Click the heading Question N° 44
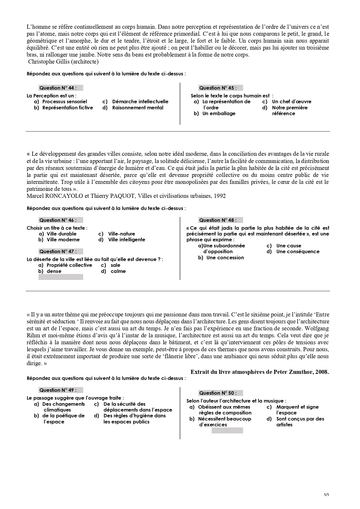[x=58, y=88]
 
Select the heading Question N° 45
[x=218, y=88]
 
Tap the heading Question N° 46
[x=58, y=220]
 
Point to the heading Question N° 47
[x=58, y=251]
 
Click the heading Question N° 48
[x=218, y=220]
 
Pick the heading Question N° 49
[x=58, y=390]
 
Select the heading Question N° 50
[x=218, y=393]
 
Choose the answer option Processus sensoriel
[x=64, y=102]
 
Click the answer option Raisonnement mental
[x=138, y=108]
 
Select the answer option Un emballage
[x=219, y=113]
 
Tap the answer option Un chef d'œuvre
[x=291, y=102]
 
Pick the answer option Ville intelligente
[x=126, y=240]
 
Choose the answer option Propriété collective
[x=69, y=265]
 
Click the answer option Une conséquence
[x=298, y=251]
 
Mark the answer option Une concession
[x=225, y=258]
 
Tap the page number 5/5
[x=326, y=494]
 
